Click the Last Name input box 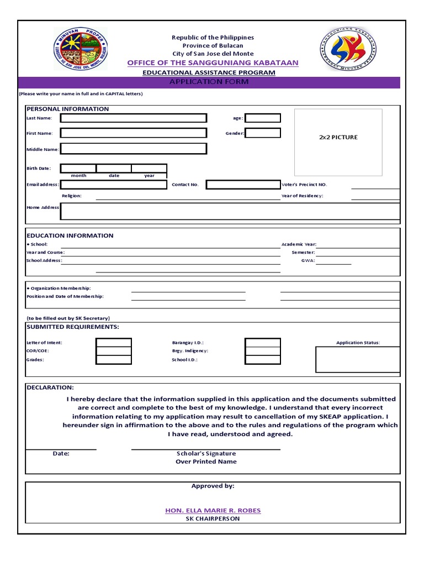pos(134,118)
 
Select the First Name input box pos(134,133)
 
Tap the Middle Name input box pos(134,149)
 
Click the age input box pos(263,118)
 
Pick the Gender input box pos(263,133)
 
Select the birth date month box pos(78,169)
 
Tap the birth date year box pos(149,169)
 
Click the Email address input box pos(113,185)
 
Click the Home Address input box pos(230,211)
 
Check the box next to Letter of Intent pos(114,343)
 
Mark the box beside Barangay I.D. pos(263,343)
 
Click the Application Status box pos(357,360)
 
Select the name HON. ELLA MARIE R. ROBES pos(213,510)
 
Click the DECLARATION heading pos(50,387)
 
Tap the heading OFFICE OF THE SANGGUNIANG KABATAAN pos(213,63)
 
